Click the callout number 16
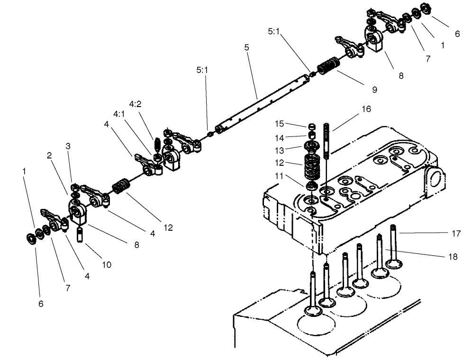pos(366,109)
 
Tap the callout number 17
pos(455,233)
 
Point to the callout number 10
pos(106,265)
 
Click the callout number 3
pos(68,146)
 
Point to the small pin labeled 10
pos(81,234)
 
